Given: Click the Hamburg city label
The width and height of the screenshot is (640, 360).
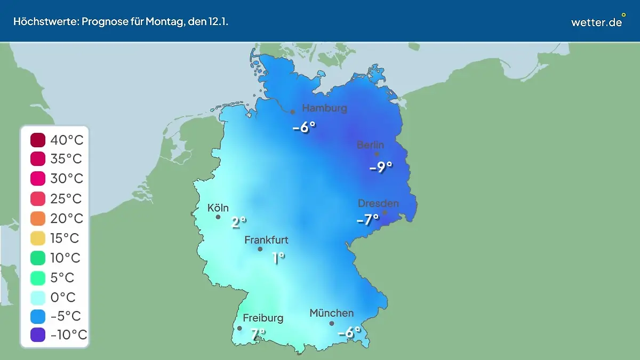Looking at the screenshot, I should (324, 108).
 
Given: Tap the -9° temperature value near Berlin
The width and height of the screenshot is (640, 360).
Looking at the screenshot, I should (381, 167).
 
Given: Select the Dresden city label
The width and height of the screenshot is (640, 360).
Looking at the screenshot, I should (378, 203).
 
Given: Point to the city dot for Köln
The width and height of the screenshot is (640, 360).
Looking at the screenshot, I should (218, 217).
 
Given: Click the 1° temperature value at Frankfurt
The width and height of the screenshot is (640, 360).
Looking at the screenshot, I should (278, 258).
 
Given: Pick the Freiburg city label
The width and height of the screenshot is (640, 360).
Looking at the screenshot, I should (263, 318).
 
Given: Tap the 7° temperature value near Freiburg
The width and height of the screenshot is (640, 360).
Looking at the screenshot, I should (258, 334).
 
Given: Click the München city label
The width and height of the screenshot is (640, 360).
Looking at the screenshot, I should (331, 313).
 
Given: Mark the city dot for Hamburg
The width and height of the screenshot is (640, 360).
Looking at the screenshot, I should (292, 112).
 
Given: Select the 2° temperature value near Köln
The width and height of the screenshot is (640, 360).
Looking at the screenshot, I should (238, 222).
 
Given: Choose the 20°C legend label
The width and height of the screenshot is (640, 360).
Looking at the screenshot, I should (67, 219).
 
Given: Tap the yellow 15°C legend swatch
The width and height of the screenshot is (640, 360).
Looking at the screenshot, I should (38, 238).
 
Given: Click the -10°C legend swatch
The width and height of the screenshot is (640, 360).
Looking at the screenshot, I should (38, 335).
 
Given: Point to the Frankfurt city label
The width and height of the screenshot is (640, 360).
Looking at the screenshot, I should (266, 240).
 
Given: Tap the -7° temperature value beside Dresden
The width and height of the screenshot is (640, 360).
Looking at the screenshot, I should (367, 219).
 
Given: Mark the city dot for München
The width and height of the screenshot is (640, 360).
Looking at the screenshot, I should (332, 323).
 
